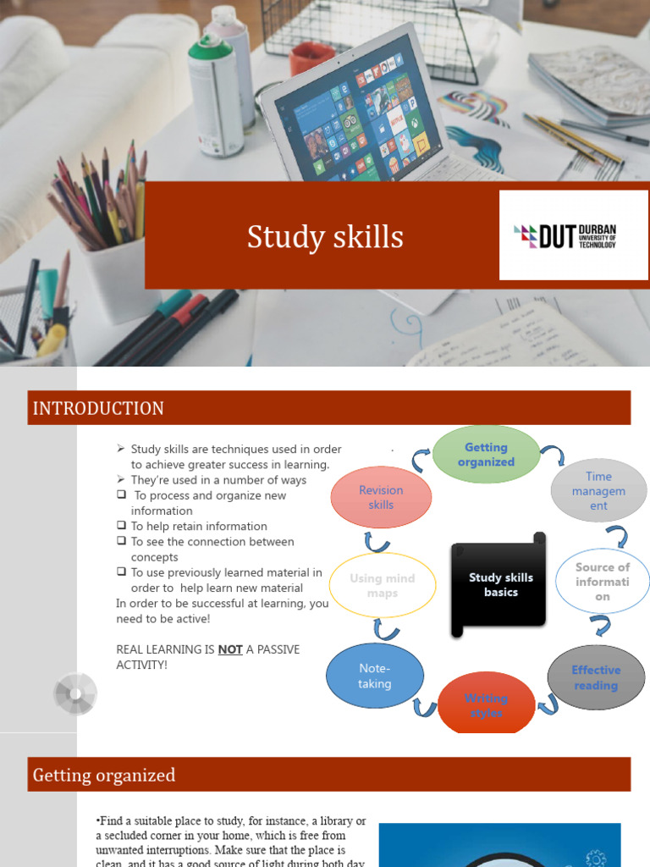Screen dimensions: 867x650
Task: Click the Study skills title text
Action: click(x=325, y=237)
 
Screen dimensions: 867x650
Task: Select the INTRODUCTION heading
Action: click(x=98, y=409)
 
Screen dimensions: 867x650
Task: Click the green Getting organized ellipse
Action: click(x=486, y=455)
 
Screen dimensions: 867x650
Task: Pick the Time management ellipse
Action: click(x=598, y=491)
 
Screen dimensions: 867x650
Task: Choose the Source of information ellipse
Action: click(x=602, y=582)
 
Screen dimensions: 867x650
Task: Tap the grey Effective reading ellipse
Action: click(x=596, y=677)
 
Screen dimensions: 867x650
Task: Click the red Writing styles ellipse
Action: click(x=486, y=704)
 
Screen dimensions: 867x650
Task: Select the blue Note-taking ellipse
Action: click(x=374, y=676)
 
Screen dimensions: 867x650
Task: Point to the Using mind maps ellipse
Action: click(x=382, y=585)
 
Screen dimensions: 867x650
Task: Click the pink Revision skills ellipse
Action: click(x=381, y=497)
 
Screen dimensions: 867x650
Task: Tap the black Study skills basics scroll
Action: click(x=500, y=585)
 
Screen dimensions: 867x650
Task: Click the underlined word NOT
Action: click(x=230, y=649)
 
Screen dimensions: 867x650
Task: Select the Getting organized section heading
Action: click(x=104, y=775)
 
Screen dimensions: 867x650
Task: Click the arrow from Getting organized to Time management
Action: click(x=554, y=456)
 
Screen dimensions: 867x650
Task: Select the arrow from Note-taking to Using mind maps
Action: click(x=386, y=629)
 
